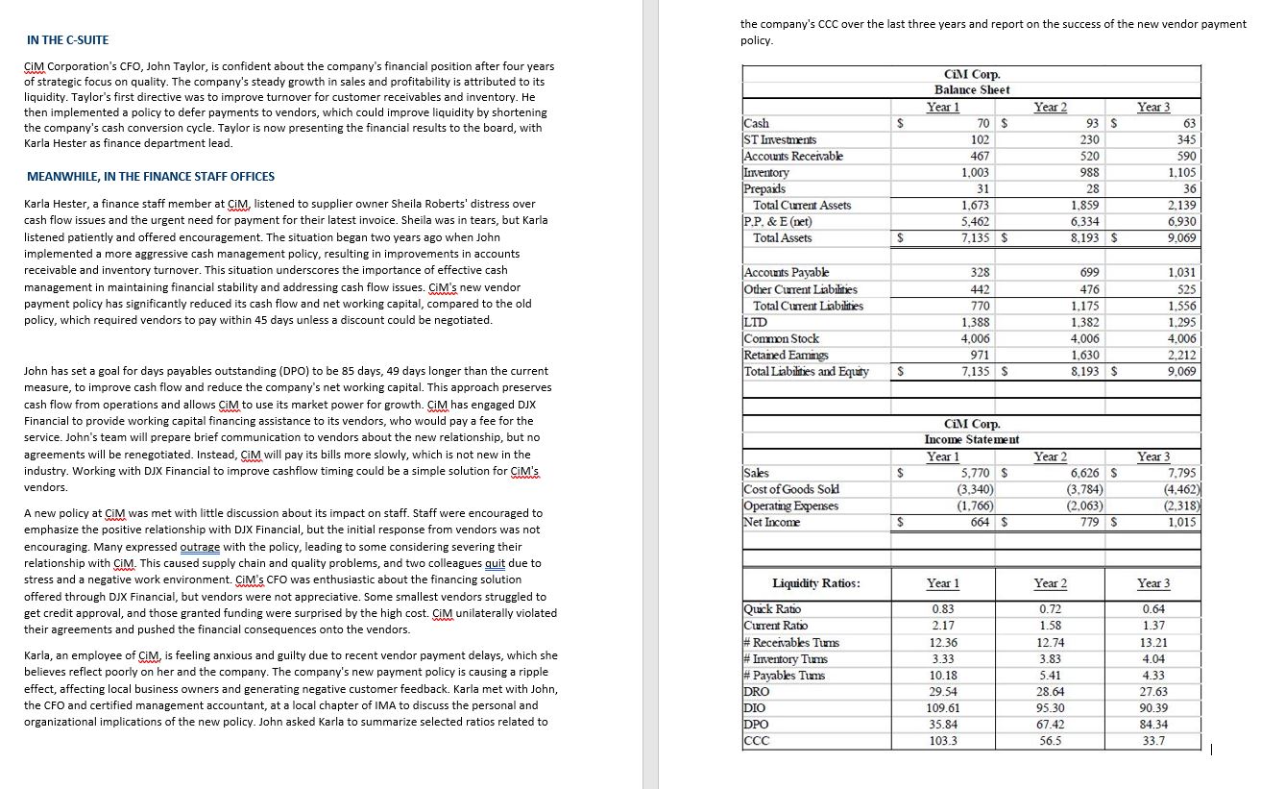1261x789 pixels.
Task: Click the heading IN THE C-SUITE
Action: (x=67, y=39)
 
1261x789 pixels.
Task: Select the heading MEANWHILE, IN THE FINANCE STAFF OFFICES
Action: (x=151, y=177)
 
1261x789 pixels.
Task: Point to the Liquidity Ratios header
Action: (x=815, y=583)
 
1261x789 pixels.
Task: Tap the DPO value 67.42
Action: (x=1049, y=724)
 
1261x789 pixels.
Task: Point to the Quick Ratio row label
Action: (x=771, y=608)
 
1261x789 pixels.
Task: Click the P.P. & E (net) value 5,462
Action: (x=977, y=222)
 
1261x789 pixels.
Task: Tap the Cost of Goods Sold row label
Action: (x=789, y=489)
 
